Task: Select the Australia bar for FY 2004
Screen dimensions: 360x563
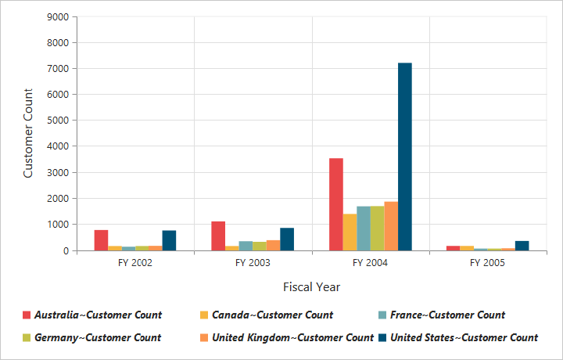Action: pos(336,204)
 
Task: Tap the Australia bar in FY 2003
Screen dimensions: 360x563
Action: pos(218,236)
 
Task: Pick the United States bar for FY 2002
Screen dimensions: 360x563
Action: pos(169,240)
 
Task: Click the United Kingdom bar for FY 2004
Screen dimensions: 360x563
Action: pos(391,226)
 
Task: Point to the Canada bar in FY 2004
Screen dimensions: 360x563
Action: pos(350,232)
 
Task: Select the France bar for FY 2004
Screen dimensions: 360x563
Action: pos(364,229)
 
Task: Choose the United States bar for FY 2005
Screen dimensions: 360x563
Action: pos(522,246)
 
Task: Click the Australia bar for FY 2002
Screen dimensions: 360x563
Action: pos(101,240)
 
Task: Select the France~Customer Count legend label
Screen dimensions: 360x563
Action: pos(447,315)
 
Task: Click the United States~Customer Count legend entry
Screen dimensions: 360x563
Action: pos(464,337)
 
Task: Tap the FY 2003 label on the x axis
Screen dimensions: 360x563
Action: pos(253,263)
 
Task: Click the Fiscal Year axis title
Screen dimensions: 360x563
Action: pos(311,286)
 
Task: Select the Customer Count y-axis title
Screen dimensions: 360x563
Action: pos(28,133)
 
